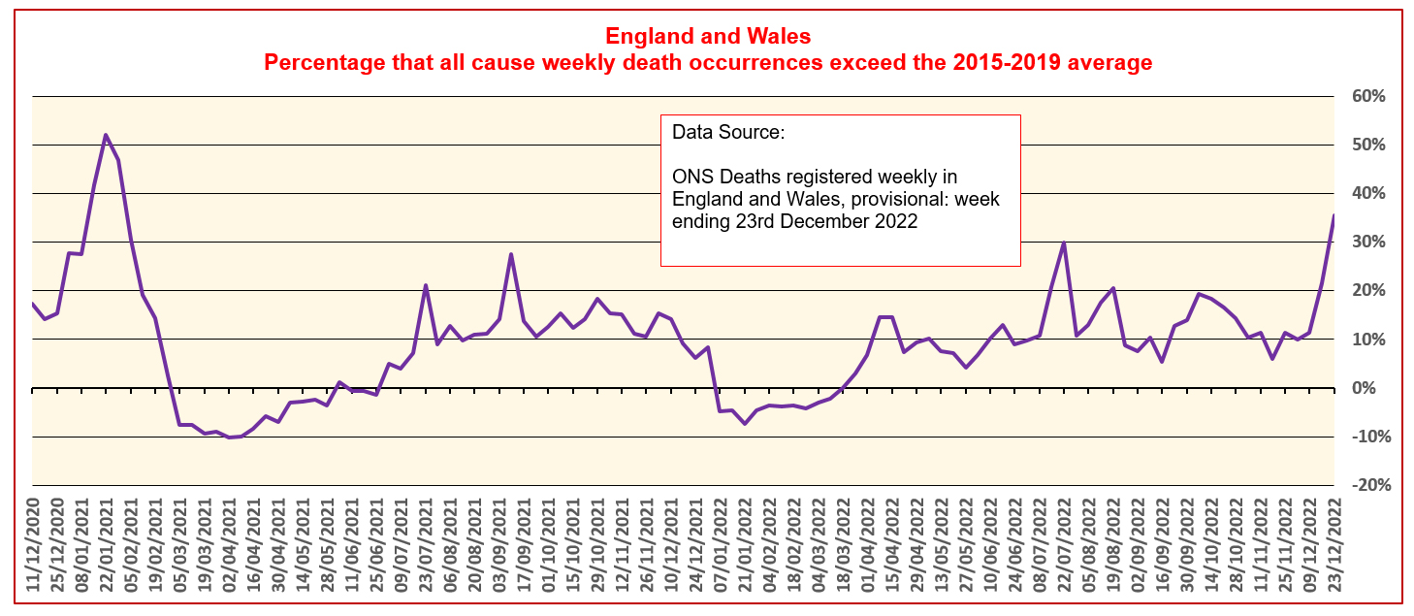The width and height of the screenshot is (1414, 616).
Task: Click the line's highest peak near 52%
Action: [106, 135]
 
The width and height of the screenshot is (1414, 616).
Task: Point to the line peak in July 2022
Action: [1064, 243]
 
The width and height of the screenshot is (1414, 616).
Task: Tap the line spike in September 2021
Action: [511, 254]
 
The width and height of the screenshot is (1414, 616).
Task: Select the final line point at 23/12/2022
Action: [1334, 215]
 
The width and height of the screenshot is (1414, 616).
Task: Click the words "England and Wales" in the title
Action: [707, 37]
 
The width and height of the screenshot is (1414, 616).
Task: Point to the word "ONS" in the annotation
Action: [692, 177]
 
